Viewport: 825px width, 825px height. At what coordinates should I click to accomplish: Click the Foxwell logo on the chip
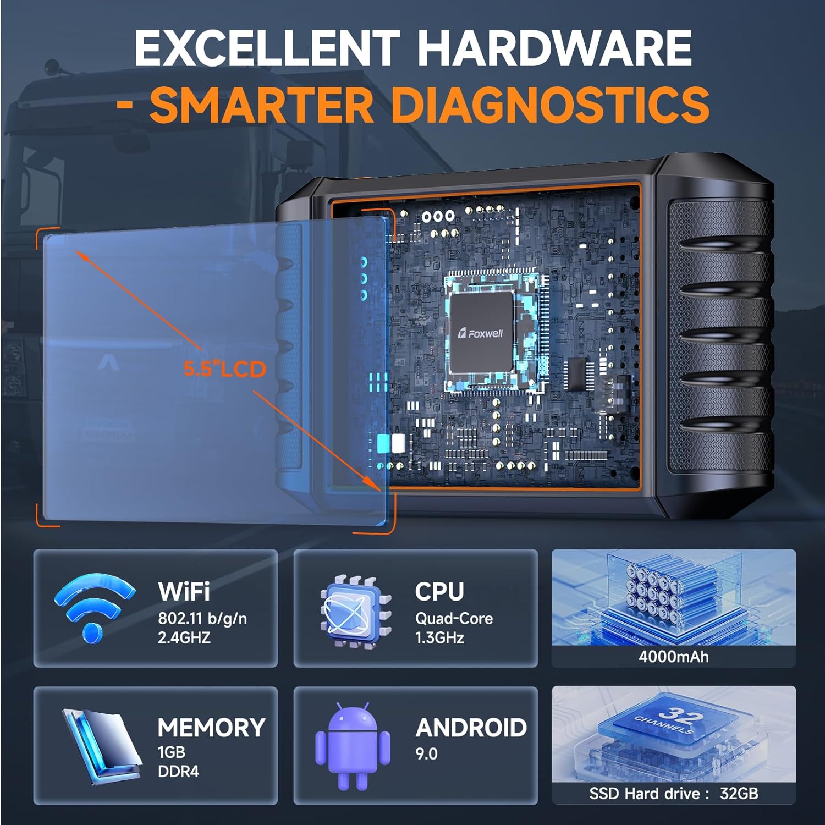click(481, 333)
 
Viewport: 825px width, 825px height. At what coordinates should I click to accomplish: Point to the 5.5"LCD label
click(225, 369)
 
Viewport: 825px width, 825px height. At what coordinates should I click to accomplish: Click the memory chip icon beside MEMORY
click(99, 746)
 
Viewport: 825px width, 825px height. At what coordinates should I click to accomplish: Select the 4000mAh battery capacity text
click(674, 656)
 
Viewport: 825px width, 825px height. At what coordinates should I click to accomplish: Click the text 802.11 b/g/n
click(202, 618)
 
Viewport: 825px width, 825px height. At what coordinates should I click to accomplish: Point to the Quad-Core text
click(454, 618)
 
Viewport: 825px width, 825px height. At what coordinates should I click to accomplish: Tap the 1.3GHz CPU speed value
click(439, 637)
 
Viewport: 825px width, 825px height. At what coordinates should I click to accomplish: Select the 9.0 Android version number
click(426, 754)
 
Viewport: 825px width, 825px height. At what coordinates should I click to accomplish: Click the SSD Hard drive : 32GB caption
click(674, 793)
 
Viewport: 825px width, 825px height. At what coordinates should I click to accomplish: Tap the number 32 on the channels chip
click(680, 714)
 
